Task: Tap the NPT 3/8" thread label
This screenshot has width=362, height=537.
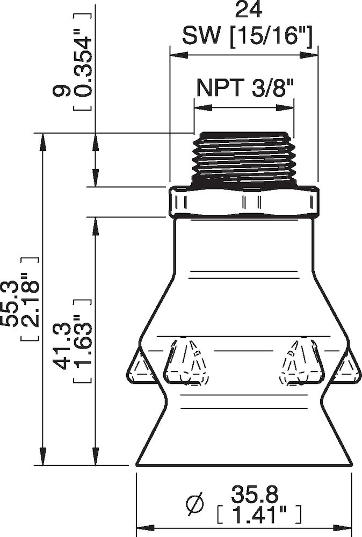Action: click(x=245, y=86)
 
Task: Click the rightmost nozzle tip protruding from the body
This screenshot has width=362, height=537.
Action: click(x=348, y=367)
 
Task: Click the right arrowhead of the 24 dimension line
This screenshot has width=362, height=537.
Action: click(x=313, y=55)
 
